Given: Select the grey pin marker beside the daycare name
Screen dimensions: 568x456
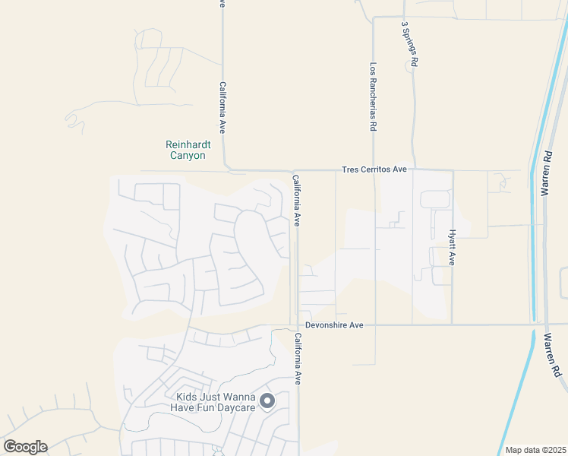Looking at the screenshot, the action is coord(267,401).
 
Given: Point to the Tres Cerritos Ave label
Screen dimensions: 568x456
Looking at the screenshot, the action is coord(374,169).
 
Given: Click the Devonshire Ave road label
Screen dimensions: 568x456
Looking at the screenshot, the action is coord(335,325).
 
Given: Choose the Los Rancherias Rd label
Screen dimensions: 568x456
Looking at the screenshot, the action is coord(374,97).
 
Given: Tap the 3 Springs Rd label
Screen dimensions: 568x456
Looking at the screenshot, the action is coord(411,45).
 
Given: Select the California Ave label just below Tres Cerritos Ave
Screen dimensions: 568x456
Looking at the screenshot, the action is coord(297,201).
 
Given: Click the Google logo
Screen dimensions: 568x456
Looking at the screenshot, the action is coord(25,447).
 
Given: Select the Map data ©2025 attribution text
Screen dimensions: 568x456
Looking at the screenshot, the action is coord(535,450).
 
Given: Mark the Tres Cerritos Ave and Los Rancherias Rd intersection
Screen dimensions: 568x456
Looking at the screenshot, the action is coord(374,170).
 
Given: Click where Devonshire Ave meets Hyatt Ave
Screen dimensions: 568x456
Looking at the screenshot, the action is coord(453,325).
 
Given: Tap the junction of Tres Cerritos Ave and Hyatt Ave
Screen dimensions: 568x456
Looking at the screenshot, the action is coord(453,170).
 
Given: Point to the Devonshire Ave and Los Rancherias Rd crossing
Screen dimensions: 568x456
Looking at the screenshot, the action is coord(374,325).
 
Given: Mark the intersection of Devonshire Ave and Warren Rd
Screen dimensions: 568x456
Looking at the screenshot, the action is coord(545,325).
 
